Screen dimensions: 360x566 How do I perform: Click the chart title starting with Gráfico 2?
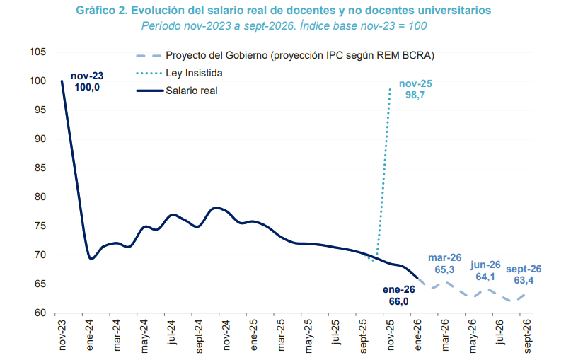click(283, 11)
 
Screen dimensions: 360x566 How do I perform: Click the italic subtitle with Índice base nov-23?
click(284, 25)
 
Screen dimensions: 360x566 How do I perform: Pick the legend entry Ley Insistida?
click(194, 73)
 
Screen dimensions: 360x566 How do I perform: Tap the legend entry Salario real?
click(191, 90)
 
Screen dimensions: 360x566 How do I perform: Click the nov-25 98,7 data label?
click(415, 89)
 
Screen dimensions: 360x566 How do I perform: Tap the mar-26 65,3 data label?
click(446, 264)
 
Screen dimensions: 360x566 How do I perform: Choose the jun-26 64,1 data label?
click(485, 271)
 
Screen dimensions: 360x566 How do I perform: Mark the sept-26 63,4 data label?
click(524, 274)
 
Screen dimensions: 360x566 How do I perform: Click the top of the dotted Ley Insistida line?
click(390, 88)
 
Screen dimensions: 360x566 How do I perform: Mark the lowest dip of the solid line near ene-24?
click(91, 259)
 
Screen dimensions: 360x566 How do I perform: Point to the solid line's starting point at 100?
click(62, 81)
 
